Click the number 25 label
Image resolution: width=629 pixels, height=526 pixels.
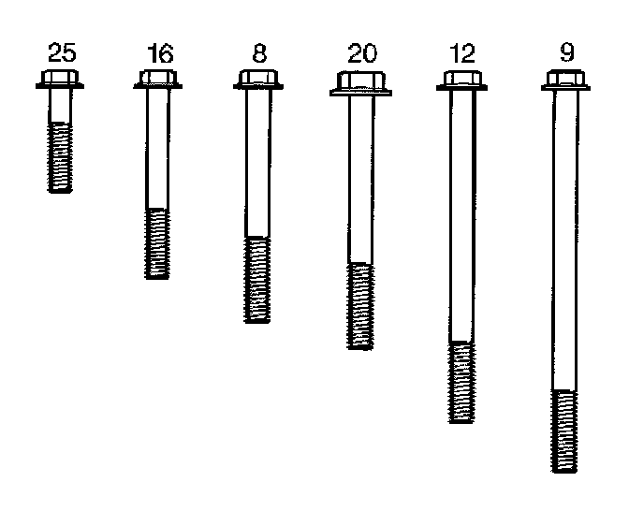pyautogui.click(x=60, y=54)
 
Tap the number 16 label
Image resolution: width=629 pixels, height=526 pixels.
pyautogui.click(x=160, y=54)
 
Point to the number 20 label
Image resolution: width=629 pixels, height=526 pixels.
pyautogui.click(x=361, y=54)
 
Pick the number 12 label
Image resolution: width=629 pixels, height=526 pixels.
pyautogui.click(x=461, y=54)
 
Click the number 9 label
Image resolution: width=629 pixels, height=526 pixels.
pyautogui.click(x=565, y=52)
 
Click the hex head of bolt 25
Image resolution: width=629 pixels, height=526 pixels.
pyautogui.click(x=60, y=79)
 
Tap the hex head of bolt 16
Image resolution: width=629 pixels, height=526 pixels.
pyautogui.click(x=158, y=79)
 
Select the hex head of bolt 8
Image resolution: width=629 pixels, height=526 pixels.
pyautogui.click(x=257, y=79)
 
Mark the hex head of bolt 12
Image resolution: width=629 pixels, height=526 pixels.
pyautogui.click(x=461, y=80)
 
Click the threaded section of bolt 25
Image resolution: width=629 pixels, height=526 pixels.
pyautogui.click(x=60, y=157)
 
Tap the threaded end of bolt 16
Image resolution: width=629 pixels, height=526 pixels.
pyautogui.click(x=158, y=243)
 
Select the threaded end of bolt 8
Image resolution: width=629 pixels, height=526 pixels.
pyautogui.click(x=257, y=280)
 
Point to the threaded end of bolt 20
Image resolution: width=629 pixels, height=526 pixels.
pyautogui.click(x=360, y=306)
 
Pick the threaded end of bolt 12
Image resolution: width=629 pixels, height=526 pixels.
pyautogui.click(x=461, y=382)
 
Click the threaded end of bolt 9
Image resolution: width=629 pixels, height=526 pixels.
pyautogui.click(x=564, y=431)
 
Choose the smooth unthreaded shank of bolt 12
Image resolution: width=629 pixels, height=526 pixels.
pyautogui.click(x=461, y=215)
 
